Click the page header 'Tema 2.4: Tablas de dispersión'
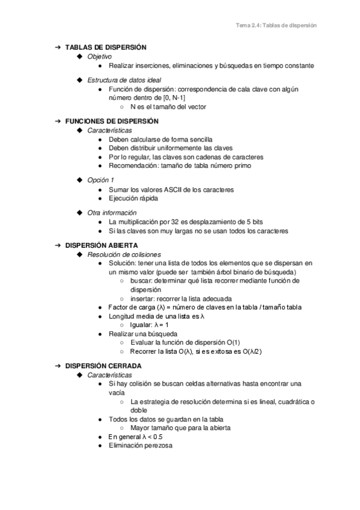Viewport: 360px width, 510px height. [276, 26]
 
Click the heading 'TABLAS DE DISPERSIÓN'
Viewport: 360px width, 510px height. [105, 47]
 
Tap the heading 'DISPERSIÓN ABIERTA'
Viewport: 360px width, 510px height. [102, 246]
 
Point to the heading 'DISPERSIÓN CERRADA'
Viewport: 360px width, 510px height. [103, 366]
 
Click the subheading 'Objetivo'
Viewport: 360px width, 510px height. [99, 56]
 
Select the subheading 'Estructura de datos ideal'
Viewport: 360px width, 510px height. [124, 80]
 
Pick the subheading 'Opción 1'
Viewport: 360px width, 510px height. [100, 180]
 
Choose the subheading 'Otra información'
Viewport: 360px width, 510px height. [112, 212]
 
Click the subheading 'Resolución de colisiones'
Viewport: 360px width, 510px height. [124, 255]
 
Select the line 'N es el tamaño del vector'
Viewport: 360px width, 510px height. [168, 106]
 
